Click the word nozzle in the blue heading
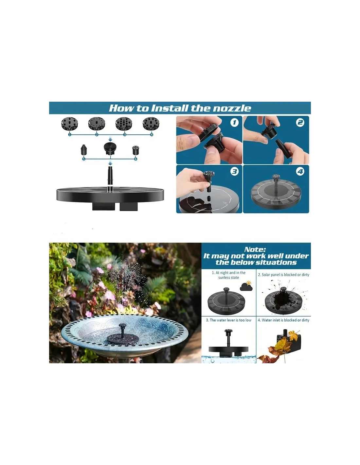232,108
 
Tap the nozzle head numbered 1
70,124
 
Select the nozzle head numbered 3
124,124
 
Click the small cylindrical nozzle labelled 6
135,150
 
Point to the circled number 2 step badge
300,122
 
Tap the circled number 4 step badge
300,171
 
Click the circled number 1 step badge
235,123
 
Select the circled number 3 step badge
235,171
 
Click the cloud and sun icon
246,286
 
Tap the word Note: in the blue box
255,249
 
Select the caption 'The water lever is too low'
228,320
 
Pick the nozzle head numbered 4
151,124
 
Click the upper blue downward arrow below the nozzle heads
110,140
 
